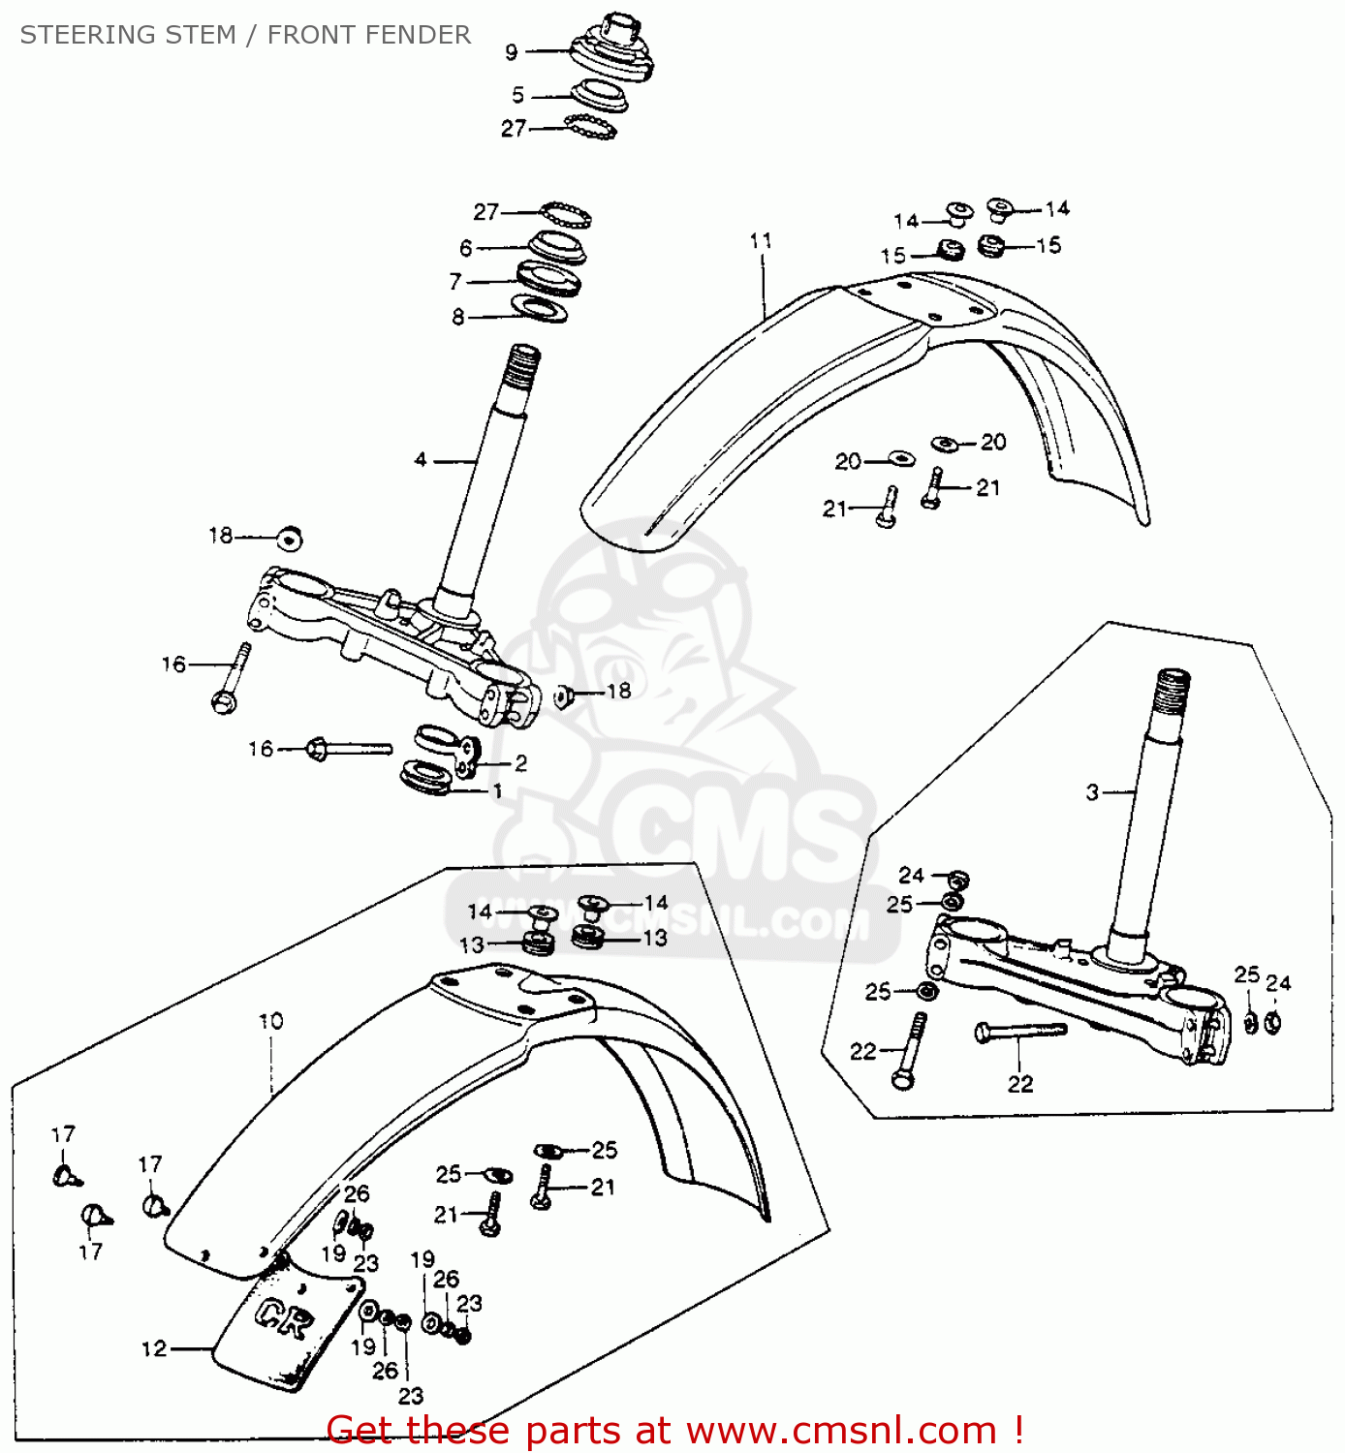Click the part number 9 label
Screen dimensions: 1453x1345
pos(512,52)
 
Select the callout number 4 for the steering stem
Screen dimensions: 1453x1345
pos(421,460)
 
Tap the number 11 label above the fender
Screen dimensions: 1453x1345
pos(761,240)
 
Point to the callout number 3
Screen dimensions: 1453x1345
pos(1092,792)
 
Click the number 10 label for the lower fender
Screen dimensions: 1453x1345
pos(270,1021)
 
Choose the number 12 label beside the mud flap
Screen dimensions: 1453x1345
pos(154,1348)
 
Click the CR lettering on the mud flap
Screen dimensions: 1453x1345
pos(285,1318)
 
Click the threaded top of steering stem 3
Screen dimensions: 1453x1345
pos(1172,690)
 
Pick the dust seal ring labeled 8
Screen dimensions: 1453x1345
pos(540,310)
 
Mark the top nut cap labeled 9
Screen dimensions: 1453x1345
pos(613,48)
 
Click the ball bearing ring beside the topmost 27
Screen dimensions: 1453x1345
pos(590,127)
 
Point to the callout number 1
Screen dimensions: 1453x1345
pos(497,791)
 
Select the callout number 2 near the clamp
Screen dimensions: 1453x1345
pos(520,763)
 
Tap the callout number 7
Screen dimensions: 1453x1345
pos(455,282)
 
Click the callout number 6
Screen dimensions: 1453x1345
pos(466,248)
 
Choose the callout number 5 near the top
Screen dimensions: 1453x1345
pos(518,95)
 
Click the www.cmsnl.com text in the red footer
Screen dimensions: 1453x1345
pos(841,1430)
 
